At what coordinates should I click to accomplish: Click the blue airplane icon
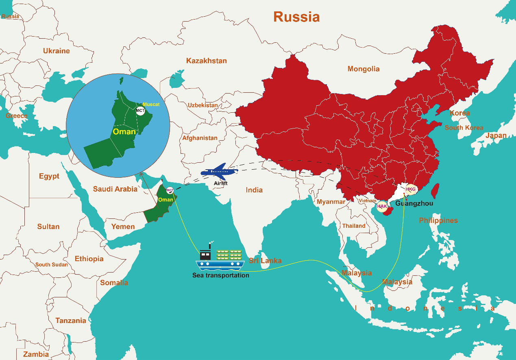tap(219, 171)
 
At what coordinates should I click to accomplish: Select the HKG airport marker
tap(411, 189)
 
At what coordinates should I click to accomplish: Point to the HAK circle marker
tap(382, 206)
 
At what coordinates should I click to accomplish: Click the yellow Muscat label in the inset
tap(151, 105)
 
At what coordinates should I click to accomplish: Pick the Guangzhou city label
tap(414, 203)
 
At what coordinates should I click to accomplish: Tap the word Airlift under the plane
tap(220, 183)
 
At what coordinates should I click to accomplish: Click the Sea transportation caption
tap(220, 275)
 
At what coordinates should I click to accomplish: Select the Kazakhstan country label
tap(206, 61)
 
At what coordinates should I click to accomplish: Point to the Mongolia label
tap(363, 69)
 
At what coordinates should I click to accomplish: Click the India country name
tap(254, 190)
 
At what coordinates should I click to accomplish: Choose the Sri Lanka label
tap(265, 261)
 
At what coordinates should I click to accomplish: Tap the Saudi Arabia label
tap(115, 189)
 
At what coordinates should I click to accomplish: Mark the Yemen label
tap(123, 227)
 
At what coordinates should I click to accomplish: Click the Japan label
tap(496, 135)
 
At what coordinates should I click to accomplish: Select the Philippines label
tap(438, 220)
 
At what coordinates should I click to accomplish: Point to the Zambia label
tap(36, 354)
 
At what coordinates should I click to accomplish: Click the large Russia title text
tap(296, 17)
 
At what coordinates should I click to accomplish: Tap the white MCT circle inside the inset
tap(140, 111)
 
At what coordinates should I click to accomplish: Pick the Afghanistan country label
tap(200, 138)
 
